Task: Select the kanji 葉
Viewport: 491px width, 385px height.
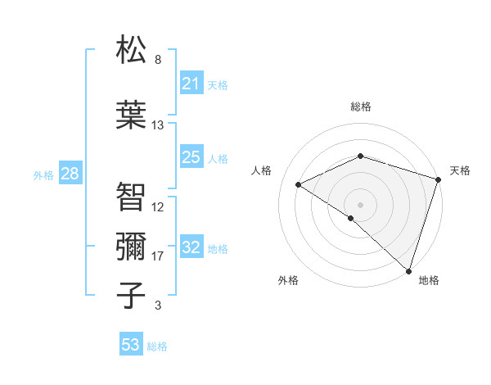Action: click(131, 115)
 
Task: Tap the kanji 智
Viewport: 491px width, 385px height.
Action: click(131, 197)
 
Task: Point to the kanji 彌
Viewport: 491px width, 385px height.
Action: click(131, 246)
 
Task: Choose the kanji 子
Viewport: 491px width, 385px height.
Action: click(131, 296)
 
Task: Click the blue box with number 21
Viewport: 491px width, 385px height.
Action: click(191, 84)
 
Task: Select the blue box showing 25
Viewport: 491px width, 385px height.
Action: click(191, 157)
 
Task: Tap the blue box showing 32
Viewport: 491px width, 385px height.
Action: click(191, 247)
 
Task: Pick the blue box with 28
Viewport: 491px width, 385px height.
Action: click(70, 174)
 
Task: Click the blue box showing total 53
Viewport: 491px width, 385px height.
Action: click(130, 345)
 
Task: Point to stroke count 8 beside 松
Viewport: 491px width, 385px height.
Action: click(158, 60)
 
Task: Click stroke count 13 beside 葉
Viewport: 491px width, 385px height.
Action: click(158, 125)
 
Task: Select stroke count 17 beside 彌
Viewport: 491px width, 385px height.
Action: click(158, 256)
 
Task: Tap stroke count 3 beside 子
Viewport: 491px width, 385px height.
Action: click(158, 306)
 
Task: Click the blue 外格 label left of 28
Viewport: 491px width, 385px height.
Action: click(43, 174)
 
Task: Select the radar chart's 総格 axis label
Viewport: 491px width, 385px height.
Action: click(360, 106)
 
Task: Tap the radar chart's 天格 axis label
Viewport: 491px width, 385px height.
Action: click(460, 170)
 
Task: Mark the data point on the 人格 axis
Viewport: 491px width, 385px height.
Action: click(299, 184)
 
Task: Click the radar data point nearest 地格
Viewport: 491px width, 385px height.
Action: click(408, 271)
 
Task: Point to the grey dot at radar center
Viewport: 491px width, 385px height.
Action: click(360, 204)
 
